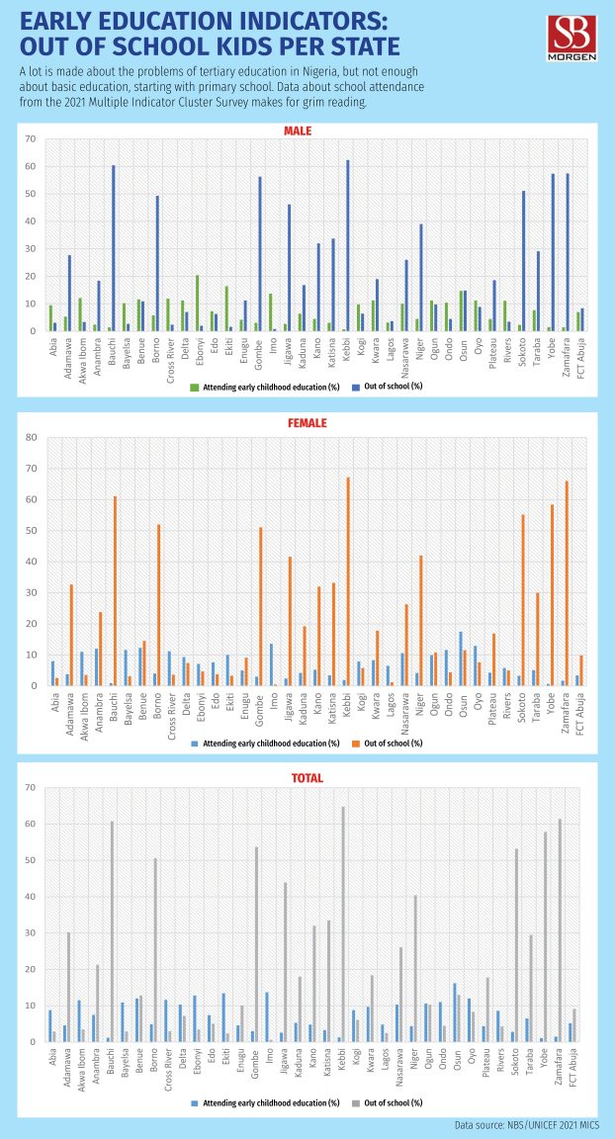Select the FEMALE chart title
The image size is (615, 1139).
[306, 423]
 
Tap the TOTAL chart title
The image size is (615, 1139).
[306, 749]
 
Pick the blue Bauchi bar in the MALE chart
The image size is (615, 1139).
[113, 247]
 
